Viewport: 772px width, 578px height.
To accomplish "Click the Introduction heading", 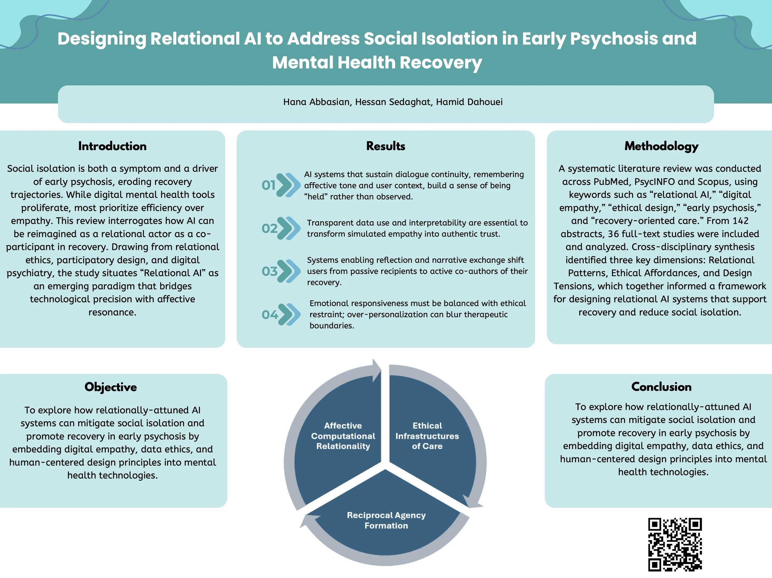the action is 112,146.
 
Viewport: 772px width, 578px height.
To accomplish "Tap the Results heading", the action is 386,146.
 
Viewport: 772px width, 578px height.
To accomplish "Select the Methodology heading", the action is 661,146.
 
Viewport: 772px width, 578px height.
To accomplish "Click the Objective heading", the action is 111,387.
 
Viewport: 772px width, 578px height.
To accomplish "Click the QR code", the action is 675,544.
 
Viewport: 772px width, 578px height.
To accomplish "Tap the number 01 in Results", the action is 269,185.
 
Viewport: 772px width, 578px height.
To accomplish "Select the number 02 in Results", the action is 270,228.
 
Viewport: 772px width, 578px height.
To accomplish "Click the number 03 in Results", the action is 270,271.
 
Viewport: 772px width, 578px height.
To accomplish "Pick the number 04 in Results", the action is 270,315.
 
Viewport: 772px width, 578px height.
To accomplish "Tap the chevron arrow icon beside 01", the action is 289,185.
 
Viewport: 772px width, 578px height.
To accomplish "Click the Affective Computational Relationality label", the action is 343,436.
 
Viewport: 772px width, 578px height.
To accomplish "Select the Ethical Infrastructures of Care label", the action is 427,436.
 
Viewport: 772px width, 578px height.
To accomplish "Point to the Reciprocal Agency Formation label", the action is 386,520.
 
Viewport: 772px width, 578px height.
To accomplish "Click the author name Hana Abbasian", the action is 317,102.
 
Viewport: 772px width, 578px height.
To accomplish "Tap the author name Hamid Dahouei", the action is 469,102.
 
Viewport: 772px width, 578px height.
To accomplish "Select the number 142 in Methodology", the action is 739,221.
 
